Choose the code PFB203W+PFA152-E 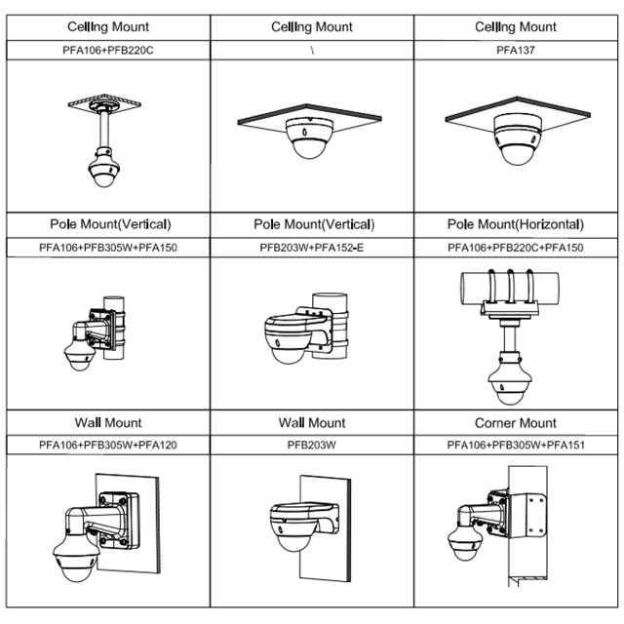312,248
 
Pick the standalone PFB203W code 312,446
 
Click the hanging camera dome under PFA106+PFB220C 101,175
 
